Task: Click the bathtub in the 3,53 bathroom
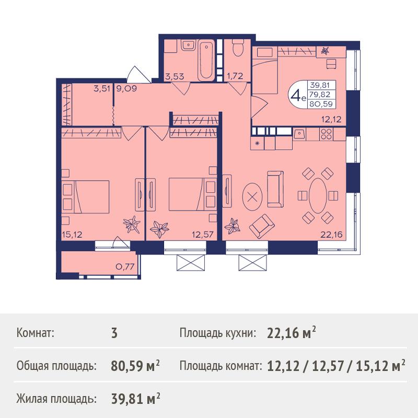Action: [x=206, y=59]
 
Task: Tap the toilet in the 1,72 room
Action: [x=238, y=48]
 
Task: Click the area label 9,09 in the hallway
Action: [x=126, y=88]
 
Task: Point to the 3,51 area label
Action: [x=101, y=88]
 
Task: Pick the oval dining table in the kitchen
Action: [x=318, y=195]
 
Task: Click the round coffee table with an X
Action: [x=252, y=198]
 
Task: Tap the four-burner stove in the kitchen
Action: [x=326, y=134]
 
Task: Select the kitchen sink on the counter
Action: [x=299, y=134]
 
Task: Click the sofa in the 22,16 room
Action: [x=275, y=189]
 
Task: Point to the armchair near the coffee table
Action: [x=262, y=226]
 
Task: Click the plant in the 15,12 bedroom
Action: [x=132, y=225]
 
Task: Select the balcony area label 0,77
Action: [x=125, y=266]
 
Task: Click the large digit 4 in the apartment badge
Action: [x=296, y=95]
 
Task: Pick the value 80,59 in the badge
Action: [x=321, y=103]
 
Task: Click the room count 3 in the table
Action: [x=114, y=333]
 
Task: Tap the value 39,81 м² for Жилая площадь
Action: [x=135, y=399]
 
